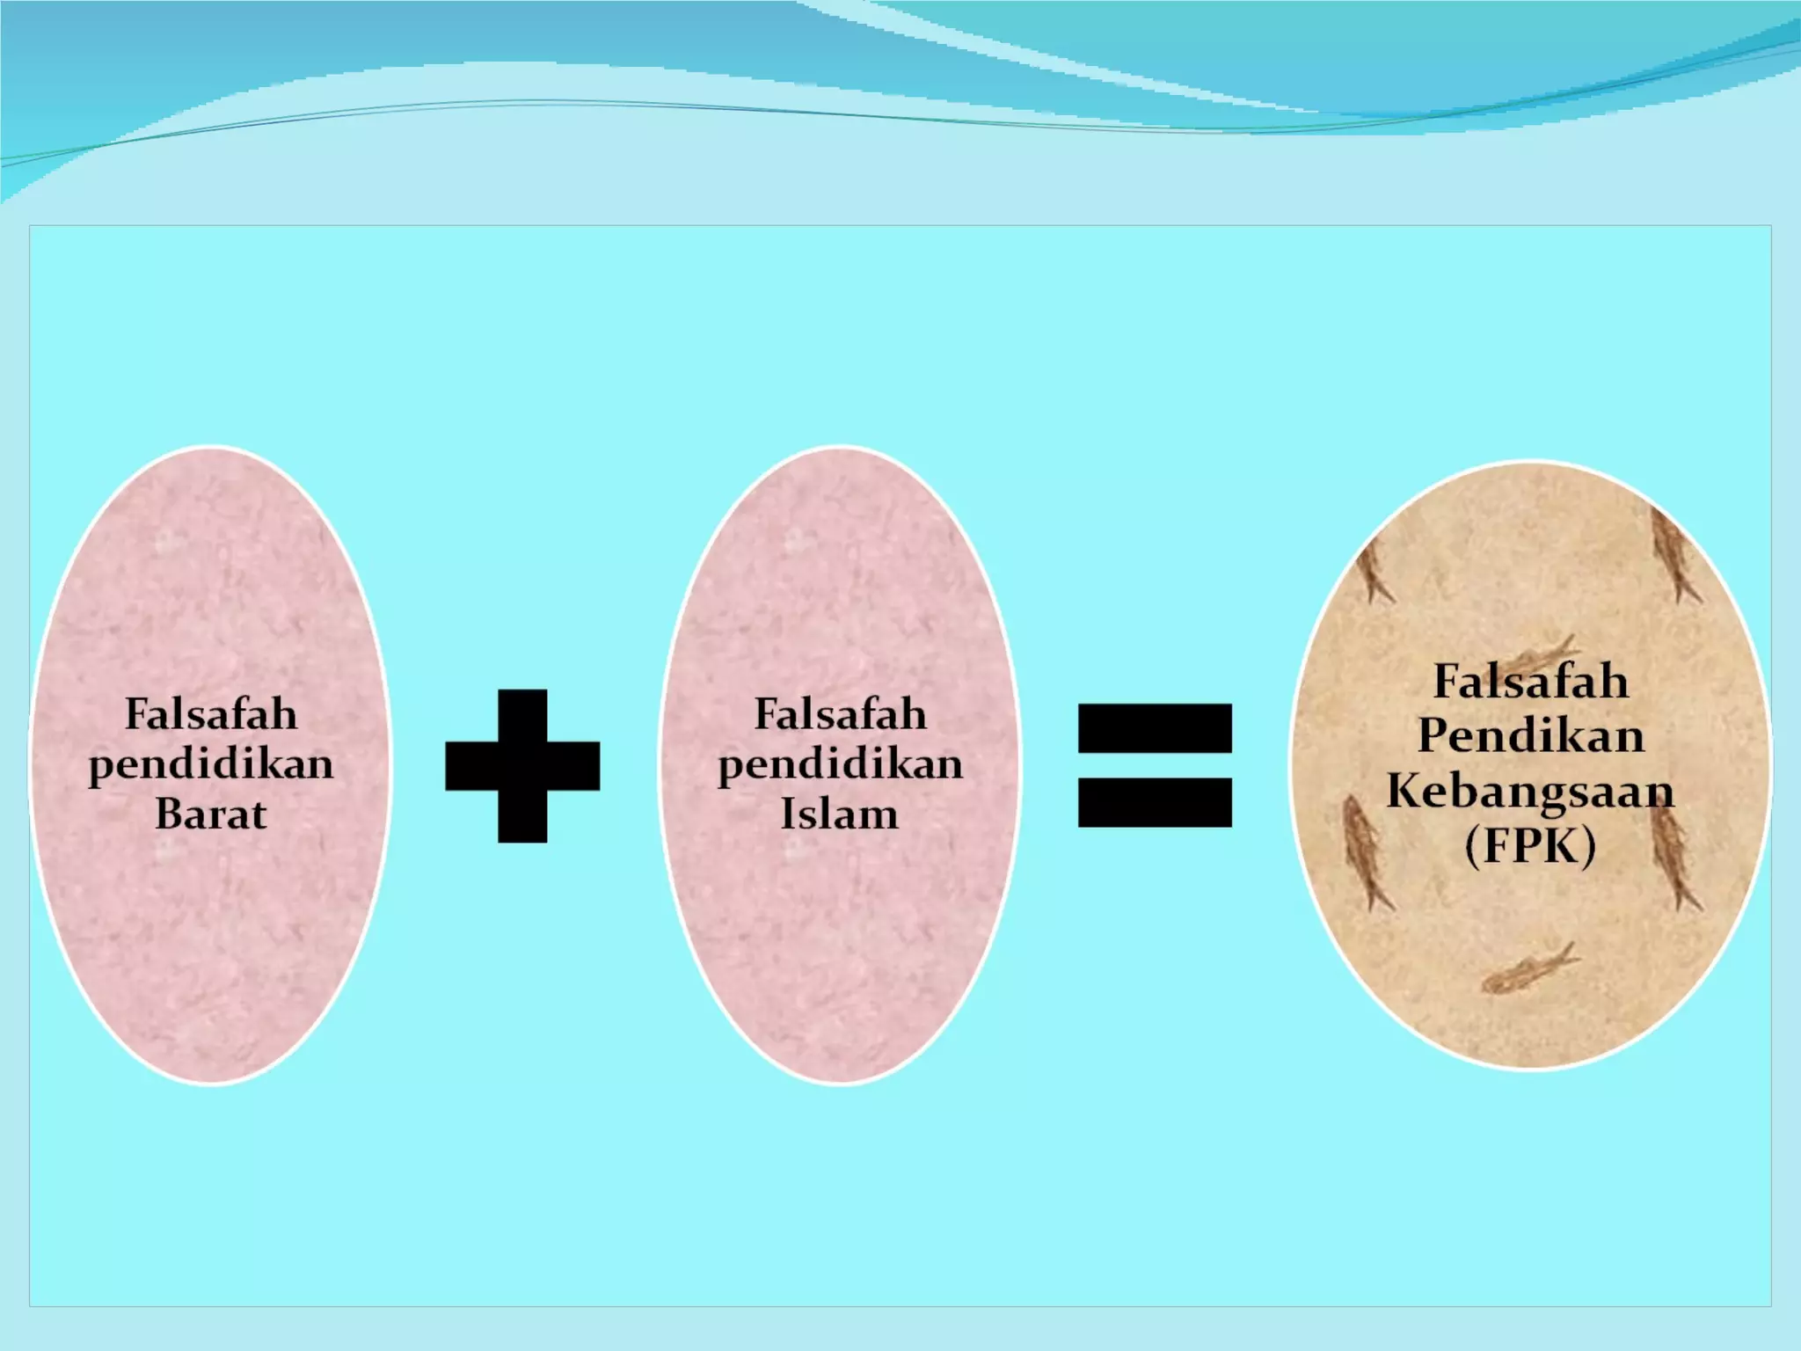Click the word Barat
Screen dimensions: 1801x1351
pyautogui.click(x=211, y=814)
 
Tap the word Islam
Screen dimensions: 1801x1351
pyautogui.click(x=840, y=814)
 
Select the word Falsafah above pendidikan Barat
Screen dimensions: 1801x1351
pyautogui.click(x=211, y=713)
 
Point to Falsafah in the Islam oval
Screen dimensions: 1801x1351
pyautogui.click(x=840, y=713)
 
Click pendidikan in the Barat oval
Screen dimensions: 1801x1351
pyautogui.click(x=211, y=764)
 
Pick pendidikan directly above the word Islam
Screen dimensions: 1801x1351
pyautogui.click(x=840, y=764)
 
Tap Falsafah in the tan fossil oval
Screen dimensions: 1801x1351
pyautogui.click(x=1530, y=681)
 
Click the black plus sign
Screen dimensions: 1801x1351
pyautogui.click(x=522, y=766)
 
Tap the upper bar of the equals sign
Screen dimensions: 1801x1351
pyautogui.click(x=1155, y=728)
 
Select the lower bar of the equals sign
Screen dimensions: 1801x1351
pyautogui.click(x=1155, y=802)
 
